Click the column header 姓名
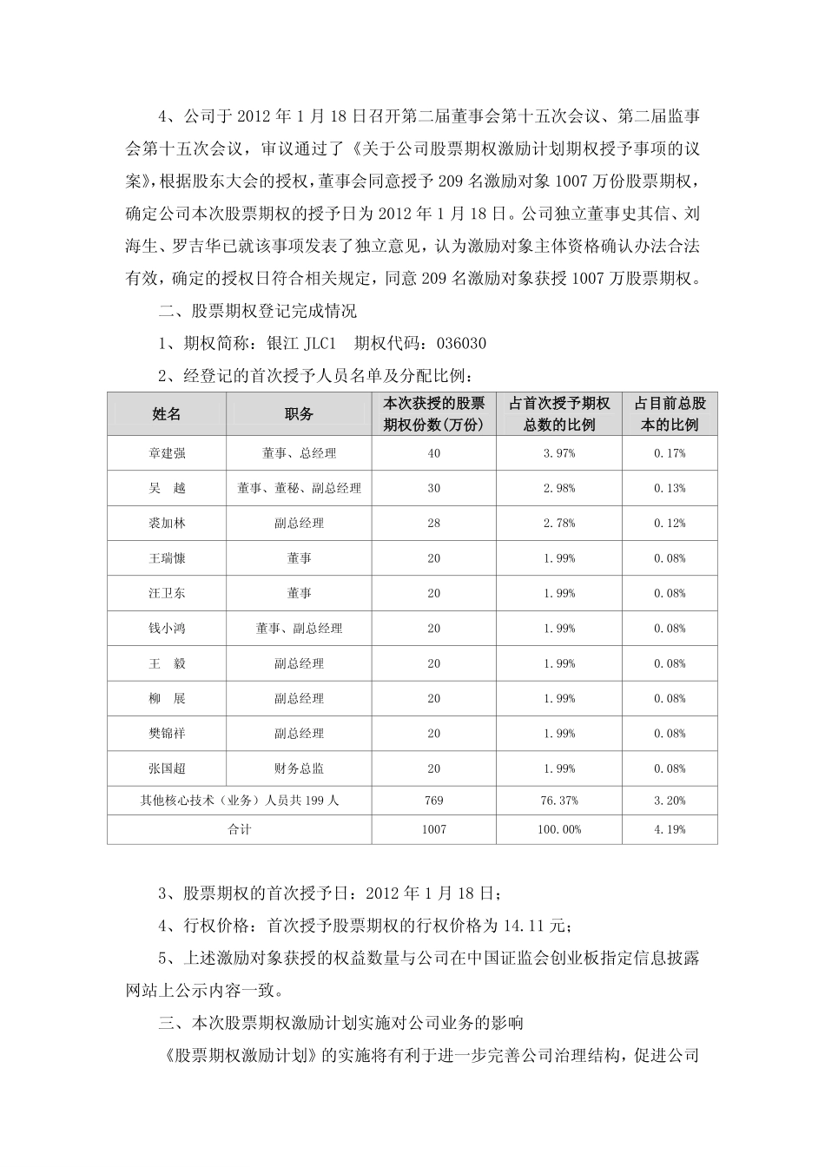click(166, 414)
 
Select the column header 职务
click(299, 414)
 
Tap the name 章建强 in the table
click(166, 453)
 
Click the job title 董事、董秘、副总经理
click(299, 488)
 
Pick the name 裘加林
click(166, 523)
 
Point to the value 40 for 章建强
click(433, 453)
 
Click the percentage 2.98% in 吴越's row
click(558, 488)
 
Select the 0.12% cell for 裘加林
click(670, 523)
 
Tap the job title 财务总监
click(299, 768)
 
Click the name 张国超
click(166, 768)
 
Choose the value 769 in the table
click(433, 800)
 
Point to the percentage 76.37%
click(558, 800)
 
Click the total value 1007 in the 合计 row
click(433, 829)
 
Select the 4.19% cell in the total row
click(670, 829)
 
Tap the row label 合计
click(239, 829)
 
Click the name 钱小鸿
click(166, 629)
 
